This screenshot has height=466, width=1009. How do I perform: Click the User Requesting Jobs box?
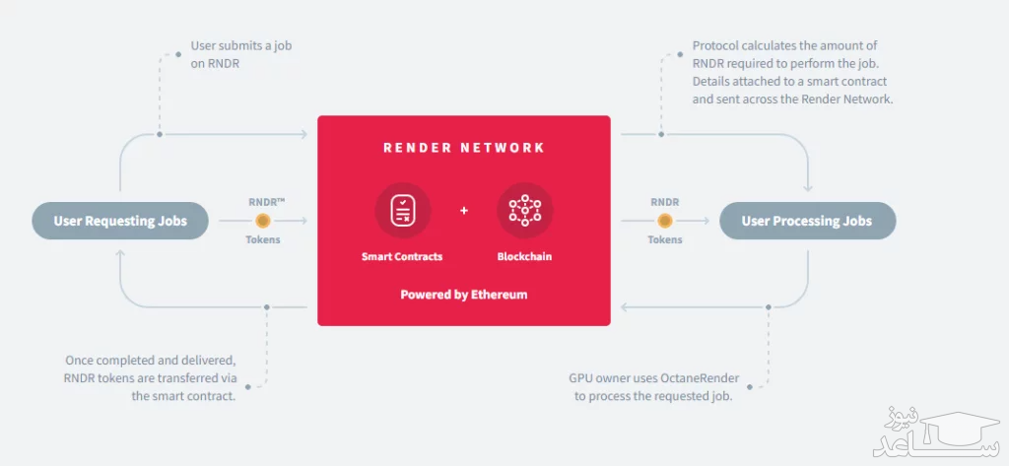[119, 221]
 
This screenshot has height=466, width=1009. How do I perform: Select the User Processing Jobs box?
[807, 221]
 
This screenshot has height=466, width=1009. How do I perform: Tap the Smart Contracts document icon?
[402, 210]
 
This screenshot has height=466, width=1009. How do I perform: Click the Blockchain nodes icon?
[524, 210]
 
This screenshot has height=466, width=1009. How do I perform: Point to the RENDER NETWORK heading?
[463, 148]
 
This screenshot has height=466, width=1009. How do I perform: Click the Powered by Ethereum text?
[463, 295]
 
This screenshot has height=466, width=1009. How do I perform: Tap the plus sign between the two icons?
[464, 211]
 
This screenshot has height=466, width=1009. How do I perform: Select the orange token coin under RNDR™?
[263, 221]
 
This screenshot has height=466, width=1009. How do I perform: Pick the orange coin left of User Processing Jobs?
[665, 221]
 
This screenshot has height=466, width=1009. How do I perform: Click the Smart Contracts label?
[402, 257]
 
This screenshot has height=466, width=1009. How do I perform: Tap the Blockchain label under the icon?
[524, 257]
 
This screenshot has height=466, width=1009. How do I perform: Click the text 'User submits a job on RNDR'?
[241, 54]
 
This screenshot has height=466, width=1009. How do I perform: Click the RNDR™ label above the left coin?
[266, 201]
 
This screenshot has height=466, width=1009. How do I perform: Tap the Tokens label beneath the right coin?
[665, 239]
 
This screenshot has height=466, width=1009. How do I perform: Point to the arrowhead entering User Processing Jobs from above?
[808, 189]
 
